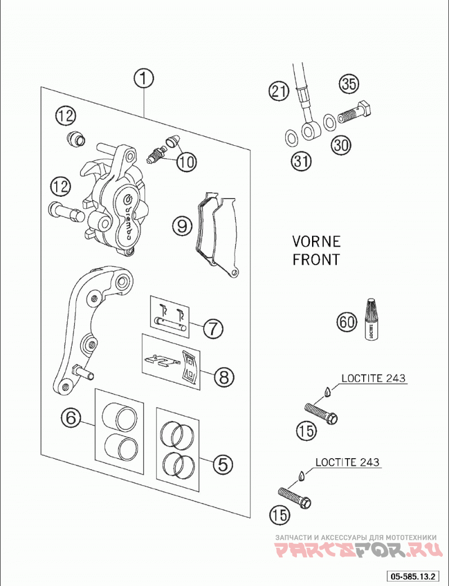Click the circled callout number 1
(143, 79)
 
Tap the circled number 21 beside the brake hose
(279, 91)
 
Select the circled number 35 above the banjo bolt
(349, 84)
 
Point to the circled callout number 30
(341, 145)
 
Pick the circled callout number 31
(301, 161)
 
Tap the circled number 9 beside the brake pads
(182, 226)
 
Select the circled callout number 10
(186, 162)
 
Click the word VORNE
(316, 242)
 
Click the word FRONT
(316, 260)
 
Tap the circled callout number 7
(213, 329)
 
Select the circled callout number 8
(224, 377)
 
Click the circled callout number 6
(71, 417)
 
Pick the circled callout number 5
(223, 464)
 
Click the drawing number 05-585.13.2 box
(413, 576)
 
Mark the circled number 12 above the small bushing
(66, 116)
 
